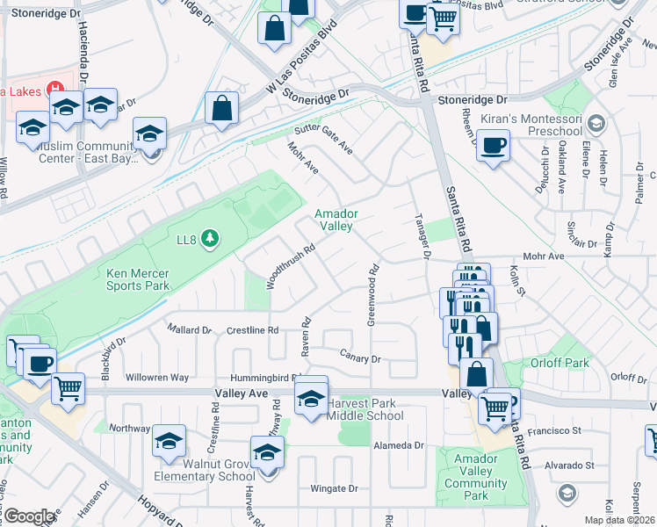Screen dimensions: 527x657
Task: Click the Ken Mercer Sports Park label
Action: (x=137, y=279)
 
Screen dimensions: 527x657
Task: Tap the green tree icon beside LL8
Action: (x=209, y=238)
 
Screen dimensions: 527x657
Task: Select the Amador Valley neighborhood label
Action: (x=335, y=220)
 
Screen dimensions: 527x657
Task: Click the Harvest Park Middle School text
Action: (x=365, y=410)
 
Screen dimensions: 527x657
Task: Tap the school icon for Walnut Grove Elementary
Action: (x=169, y=441)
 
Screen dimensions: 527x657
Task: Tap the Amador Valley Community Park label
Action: (x=475, y=477)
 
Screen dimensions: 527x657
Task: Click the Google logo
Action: (x=29, y=516)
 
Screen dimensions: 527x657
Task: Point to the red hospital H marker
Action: (x=55, y=88)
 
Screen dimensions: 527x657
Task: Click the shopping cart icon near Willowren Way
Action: (x=68, y=387)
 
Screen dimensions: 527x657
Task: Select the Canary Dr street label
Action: (x=360, y=358)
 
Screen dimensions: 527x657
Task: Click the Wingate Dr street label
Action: (x=335, y=488)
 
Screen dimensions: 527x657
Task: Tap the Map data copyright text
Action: (x=620, y=520)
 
